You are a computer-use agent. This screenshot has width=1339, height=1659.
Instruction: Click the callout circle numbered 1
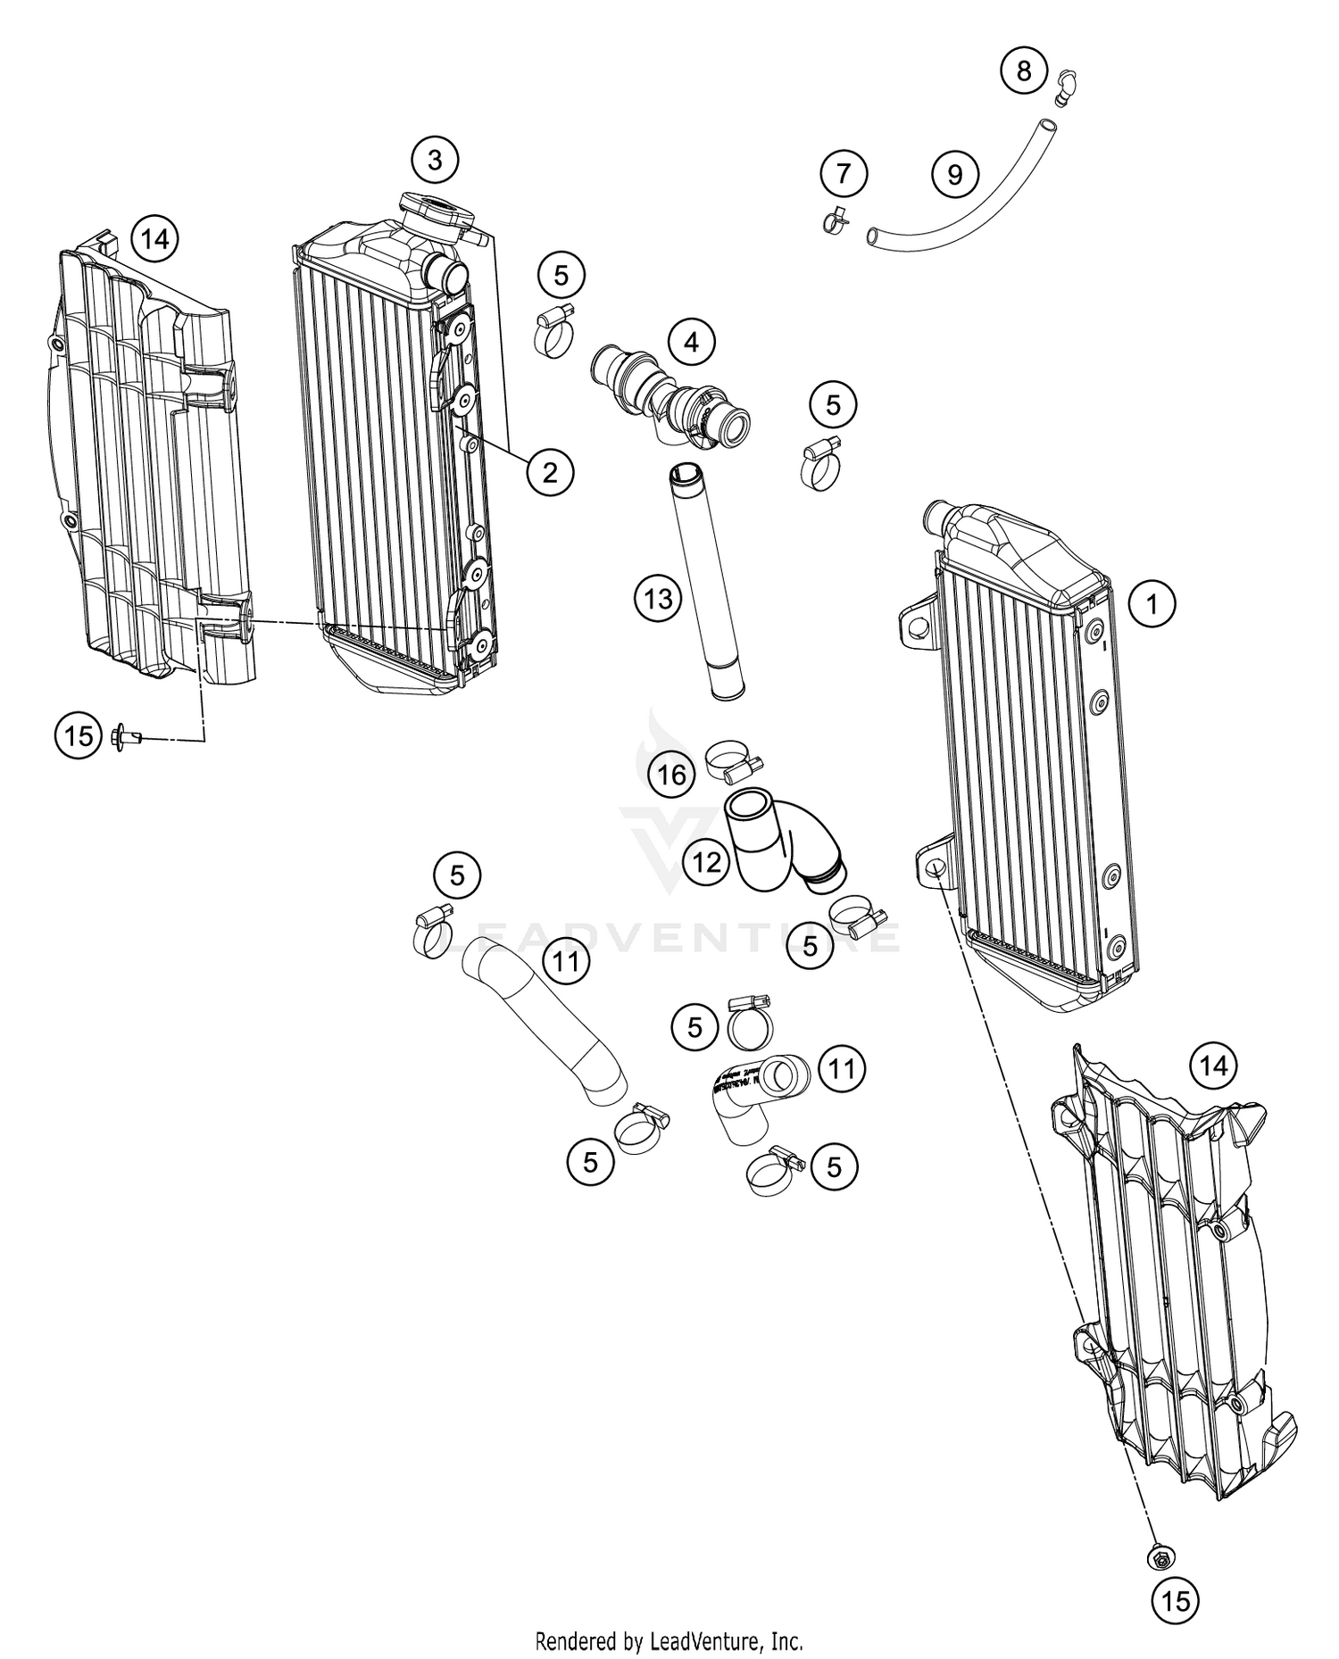(x=1152, y=604)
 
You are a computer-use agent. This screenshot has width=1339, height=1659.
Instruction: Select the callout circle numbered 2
(x=550, y=471)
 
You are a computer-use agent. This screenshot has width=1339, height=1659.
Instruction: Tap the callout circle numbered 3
(x=435, y=161)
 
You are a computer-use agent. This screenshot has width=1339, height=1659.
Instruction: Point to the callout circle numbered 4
(x=692, y=341)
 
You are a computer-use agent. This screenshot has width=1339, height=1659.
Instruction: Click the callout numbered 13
(x=658, y=599)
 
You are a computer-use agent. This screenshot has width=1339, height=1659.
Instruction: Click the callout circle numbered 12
(x=707, y=863)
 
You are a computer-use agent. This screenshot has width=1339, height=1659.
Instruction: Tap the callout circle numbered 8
(x=1024, y=70)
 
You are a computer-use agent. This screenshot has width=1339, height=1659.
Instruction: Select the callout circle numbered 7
(x=844, y=173)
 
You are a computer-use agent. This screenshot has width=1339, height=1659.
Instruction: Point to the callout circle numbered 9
(x=955, y=173)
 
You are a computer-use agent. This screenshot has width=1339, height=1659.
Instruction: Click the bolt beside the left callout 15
(x=126, y=737)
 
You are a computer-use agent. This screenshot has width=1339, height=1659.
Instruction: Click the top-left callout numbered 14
(x=154, y=238)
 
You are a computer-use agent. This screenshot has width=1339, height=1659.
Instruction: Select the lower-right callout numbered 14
(x=1214, y=1066)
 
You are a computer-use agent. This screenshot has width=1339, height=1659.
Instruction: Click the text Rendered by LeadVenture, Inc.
(x=669, y=1640)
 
